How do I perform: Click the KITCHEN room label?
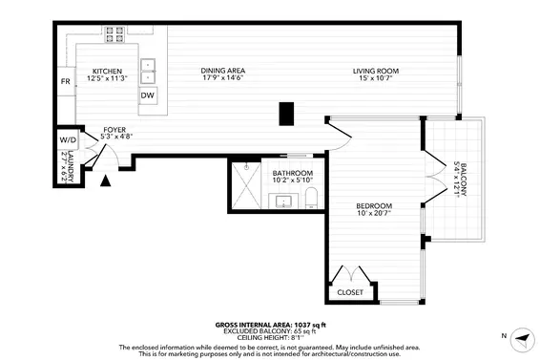(x=105, y=72)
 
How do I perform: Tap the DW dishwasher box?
(x=148, y=95)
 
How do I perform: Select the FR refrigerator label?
(x=66, y=83)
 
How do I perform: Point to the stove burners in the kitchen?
(x=114, y=35)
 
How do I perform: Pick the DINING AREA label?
(x=224, y=71)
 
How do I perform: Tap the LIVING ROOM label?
(x=375, y=71)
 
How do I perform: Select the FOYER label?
(x=116, y=128)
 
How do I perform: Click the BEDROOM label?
(x=374, y=206)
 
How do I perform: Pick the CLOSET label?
(x=349, y=292)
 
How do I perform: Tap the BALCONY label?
(x=462, y=177)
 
